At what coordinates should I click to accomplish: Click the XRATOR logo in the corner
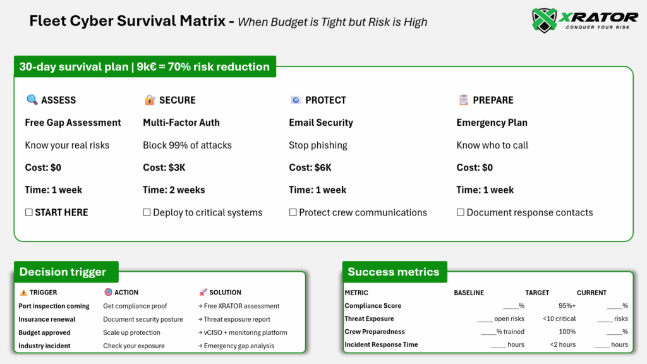pos(584,20)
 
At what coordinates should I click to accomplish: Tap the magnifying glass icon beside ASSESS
pos(32,100)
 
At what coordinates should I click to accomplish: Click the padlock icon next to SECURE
pos(150,100)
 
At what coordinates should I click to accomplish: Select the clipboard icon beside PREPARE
pos(463,100)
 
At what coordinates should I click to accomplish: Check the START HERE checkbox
pos(29,212)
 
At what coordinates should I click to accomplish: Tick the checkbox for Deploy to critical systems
pos(147,212)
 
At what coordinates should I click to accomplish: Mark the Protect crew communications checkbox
pos(293,212)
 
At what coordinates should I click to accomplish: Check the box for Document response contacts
pos(461,212)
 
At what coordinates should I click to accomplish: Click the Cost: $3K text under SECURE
pos(164,167)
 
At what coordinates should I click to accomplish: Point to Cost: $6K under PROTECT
pos(310,167)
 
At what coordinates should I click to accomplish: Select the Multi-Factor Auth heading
pos(181,123)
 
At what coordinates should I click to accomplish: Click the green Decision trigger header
pos(63,272)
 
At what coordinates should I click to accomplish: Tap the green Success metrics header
pos(393,272)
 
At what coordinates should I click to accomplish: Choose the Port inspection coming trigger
pos(54,306)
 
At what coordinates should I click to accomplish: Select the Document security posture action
pos(143,319)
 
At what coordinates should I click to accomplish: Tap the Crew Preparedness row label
pos(374,332)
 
